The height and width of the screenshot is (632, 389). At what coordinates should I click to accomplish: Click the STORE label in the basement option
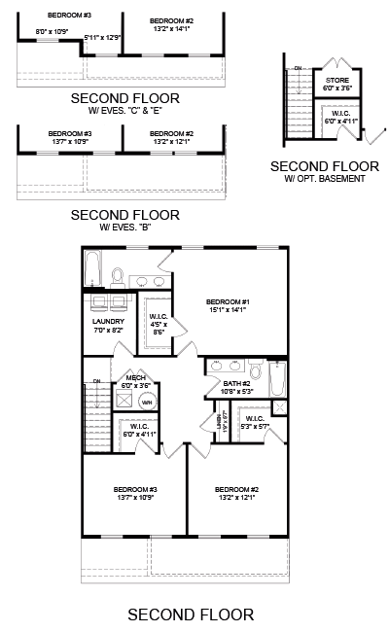tap(336, 79)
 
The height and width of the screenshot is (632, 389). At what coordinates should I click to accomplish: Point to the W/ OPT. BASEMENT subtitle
tap(325, 179)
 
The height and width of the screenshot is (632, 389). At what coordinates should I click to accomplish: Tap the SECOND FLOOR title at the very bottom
tap(191, 614)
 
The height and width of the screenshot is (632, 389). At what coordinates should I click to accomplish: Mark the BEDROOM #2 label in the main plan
tap(236, 488)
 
